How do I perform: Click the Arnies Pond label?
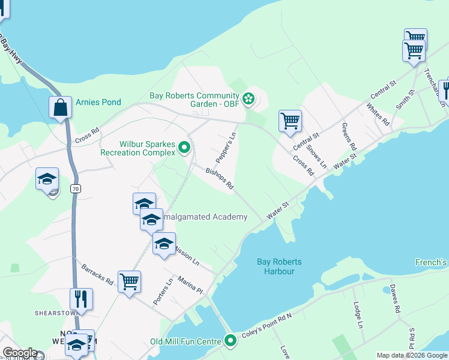tap(98, 102)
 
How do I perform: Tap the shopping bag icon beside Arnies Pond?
tap(61, 108)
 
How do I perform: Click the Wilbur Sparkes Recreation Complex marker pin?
tap(185, 146)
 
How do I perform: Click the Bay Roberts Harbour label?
tap(279, 266)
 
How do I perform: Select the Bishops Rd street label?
tap(219, 179)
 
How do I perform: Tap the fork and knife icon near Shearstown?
tap(80, 298)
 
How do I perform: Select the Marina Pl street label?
tap(190, 285)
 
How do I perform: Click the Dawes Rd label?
tap(394, 299)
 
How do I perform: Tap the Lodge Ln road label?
tap(358, 315)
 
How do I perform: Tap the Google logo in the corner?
tap(20, 353)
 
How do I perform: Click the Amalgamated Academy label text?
tap(204, 217)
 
